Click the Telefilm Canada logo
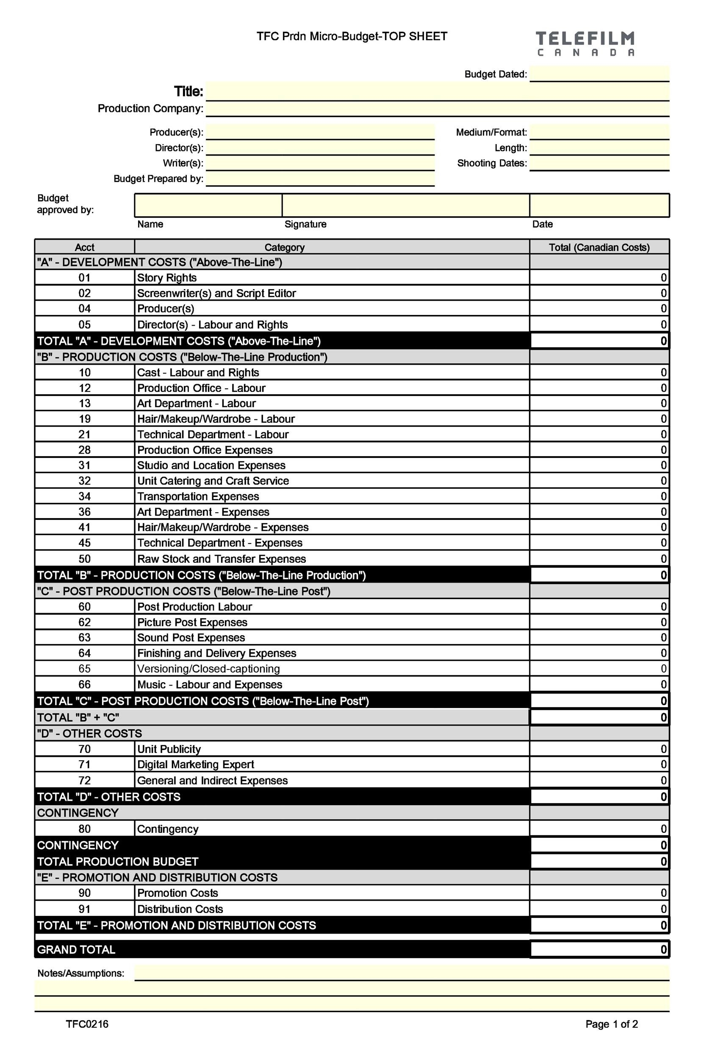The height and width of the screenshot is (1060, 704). (585, 43)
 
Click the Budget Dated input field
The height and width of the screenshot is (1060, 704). (599, 74)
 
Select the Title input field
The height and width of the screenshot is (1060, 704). (437, 92)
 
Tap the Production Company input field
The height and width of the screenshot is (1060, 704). (437, 109)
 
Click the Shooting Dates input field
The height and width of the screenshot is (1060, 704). (599, 163)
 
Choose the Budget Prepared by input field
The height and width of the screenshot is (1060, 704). (320, 179)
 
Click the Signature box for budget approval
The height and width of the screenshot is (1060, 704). (405, 205)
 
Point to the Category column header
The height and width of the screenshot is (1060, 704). (284, 247)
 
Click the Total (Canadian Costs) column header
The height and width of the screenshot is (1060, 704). (599, 247)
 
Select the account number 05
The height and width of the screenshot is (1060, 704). (84, 324)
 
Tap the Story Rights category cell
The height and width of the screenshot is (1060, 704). (166, 278)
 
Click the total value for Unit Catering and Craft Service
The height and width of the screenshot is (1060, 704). (599, 481)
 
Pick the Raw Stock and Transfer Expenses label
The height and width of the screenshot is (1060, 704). (222, 559)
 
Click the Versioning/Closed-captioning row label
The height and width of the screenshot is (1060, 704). (208, 669)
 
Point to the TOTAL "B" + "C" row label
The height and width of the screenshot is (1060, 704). (78, 717)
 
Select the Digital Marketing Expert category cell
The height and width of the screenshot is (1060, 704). (195, 764)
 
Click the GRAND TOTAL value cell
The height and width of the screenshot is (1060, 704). (599, 949)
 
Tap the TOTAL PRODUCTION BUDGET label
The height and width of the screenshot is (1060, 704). (118, 862)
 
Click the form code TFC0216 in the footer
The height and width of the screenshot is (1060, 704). (87, 1024)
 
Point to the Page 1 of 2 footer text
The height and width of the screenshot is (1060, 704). (612, 1024)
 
